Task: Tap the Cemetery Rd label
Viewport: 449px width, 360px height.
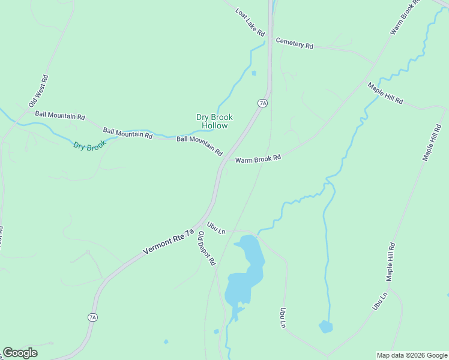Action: (294, 43)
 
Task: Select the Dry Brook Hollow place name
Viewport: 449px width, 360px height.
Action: (214, 121)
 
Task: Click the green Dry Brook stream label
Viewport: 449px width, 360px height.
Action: (89, 145)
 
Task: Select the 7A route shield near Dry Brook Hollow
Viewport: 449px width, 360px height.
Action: (262, 103)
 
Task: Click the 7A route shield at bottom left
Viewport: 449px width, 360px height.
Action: (92, 317)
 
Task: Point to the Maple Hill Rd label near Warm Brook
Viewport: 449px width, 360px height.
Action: (385, 93)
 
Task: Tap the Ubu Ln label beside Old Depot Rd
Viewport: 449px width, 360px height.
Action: (216, 228)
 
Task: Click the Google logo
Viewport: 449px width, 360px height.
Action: (20, 353)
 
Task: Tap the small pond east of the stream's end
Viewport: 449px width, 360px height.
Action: (325, 326)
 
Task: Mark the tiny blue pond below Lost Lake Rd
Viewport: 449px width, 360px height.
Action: (254, 73)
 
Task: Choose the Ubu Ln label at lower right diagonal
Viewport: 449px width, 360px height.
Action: (380, 300)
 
